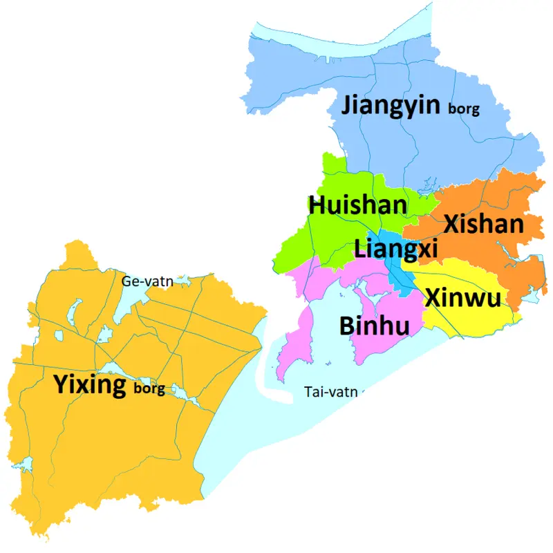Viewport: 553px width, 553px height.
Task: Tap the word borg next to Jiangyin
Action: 464,109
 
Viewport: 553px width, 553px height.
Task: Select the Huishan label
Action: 357,205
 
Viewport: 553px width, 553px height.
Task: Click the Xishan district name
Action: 483,225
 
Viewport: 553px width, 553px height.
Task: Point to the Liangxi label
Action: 395,248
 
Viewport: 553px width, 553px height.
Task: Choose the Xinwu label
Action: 463,297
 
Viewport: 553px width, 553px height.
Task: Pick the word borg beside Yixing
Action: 149,388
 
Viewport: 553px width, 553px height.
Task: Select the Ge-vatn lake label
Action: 147,281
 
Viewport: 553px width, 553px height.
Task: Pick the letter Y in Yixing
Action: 62,384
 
